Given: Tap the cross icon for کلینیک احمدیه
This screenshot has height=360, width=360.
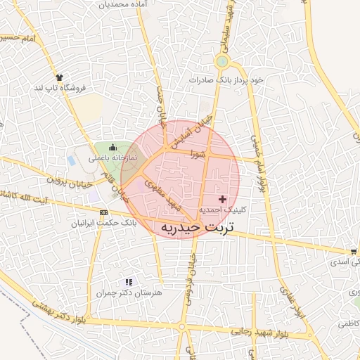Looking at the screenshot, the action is point(223,200).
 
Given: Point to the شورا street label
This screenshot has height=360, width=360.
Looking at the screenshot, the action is point(195,153).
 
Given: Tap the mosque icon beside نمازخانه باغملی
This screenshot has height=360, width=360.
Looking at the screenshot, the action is point(113,147).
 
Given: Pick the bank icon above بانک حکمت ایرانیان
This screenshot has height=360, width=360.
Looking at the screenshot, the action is point(104,212).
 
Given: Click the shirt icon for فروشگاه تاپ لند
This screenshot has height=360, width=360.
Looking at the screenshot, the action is point(58,77).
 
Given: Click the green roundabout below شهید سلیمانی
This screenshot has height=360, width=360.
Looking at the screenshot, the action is point(222,62).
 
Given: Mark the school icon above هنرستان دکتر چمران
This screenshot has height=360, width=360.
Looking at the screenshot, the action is point(128,281).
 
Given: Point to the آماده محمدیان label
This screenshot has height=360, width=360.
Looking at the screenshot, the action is point(126,4).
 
